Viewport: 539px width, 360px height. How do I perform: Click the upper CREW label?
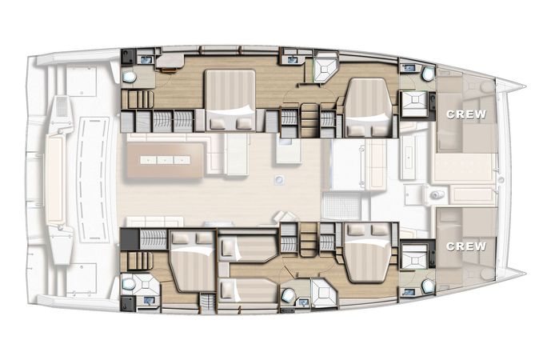point(466,114)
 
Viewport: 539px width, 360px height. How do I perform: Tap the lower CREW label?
point(466,246)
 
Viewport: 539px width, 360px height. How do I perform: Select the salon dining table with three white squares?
point(165,160)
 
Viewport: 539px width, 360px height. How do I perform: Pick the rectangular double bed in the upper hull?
point(230,100)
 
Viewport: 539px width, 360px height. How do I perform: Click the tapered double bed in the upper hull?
point(368,108)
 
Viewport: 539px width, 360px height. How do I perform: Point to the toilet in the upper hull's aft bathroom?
point(129,77)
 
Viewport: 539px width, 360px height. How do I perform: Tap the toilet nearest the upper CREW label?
point(428,74)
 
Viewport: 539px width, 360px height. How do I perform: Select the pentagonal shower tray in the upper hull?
point(325,67)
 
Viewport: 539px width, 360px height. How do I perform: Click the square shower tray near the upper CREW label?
point(414,103)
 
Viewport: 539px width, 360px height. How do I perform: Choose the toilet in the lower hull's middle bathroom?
point(288,294)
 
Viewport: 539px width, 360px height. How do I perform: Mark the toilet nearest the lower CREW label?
point(428,286)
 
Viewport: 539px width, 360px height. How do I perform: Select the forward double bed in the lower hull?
point(368,252)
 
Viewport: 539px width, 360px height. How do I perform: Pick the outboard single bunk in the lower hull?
point(247,291)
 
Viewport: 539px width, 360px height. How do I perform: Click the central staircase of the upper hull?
point(309,120)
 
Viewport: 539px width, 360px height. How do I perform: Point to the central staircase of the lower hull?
point(309,239)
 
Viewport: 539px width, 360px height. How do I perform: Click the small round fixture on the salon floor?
point(280,179)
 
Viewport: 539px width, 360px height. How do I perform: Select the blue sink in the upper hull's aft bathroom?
point(146,60)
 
